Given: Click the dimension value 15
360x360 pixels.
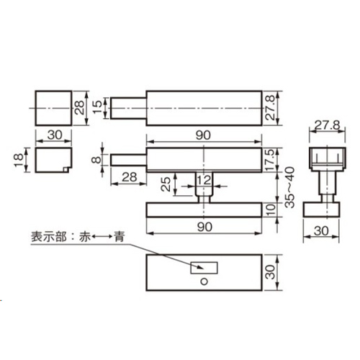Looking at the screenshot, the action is pos(97,107).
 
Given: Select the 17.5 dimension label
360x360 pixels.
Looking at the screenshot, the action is pos(271,160).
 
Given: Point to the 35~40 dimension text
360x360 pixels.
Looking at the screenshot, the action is pos(290,188).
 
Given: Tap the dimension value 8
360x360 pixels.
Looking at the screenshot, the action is pos(96,159).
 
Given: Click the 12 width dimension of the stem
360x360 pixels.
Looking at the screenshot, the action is pos(204,180).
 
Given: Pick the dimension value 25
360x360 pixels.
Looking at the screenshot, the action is pos(166,184).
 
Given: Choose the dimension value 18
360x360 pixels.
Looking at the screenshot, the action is pos(19,160).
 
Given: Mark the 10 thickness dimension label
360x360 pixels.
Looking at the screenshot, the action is pos(271,210).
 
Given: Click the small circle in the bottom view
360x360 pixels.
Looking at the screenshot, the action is pos(204,282).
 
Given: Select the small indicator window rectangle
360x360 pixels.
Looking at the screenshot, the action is pos(204,268).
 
